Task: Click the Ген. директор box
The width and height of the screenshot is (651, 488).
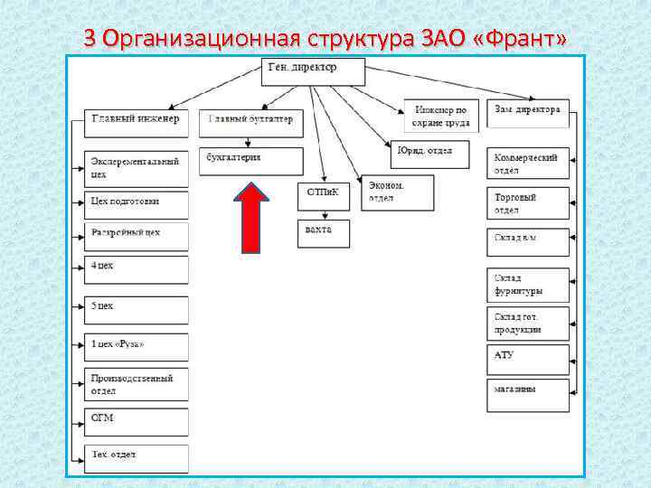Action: coord(314,71)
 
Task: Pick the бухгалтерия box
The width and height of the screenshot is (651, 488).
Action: coord(251,161)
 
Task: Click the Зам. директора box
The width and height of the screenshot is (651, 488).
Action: coord(528,112)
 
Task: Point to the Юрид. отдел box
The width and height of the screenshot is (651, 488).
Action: coord(434,154)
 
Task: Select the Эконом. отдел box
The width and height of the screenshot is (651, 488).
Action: coord(397,192)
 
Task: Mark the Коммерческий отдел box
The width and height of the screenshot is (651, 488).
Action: coord(529,164)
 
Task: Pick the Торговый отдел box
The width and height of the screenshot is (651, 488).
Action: coord(529,203)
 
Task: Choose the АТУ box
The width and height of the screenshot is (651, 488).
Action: coord(529,355)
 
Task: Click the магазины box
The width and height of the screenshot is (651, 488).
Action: coord(529,392)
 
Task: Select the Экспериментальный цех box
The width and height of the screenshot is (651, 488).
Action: coord(137,167)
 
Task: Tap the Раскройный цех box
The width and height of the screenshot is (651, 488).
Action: coord(137,236)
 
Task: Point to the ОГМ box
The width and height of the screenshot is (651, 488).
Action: coord(137,421)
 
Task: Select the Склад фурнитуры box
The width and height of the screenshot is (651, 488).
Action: coord(529,285)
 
